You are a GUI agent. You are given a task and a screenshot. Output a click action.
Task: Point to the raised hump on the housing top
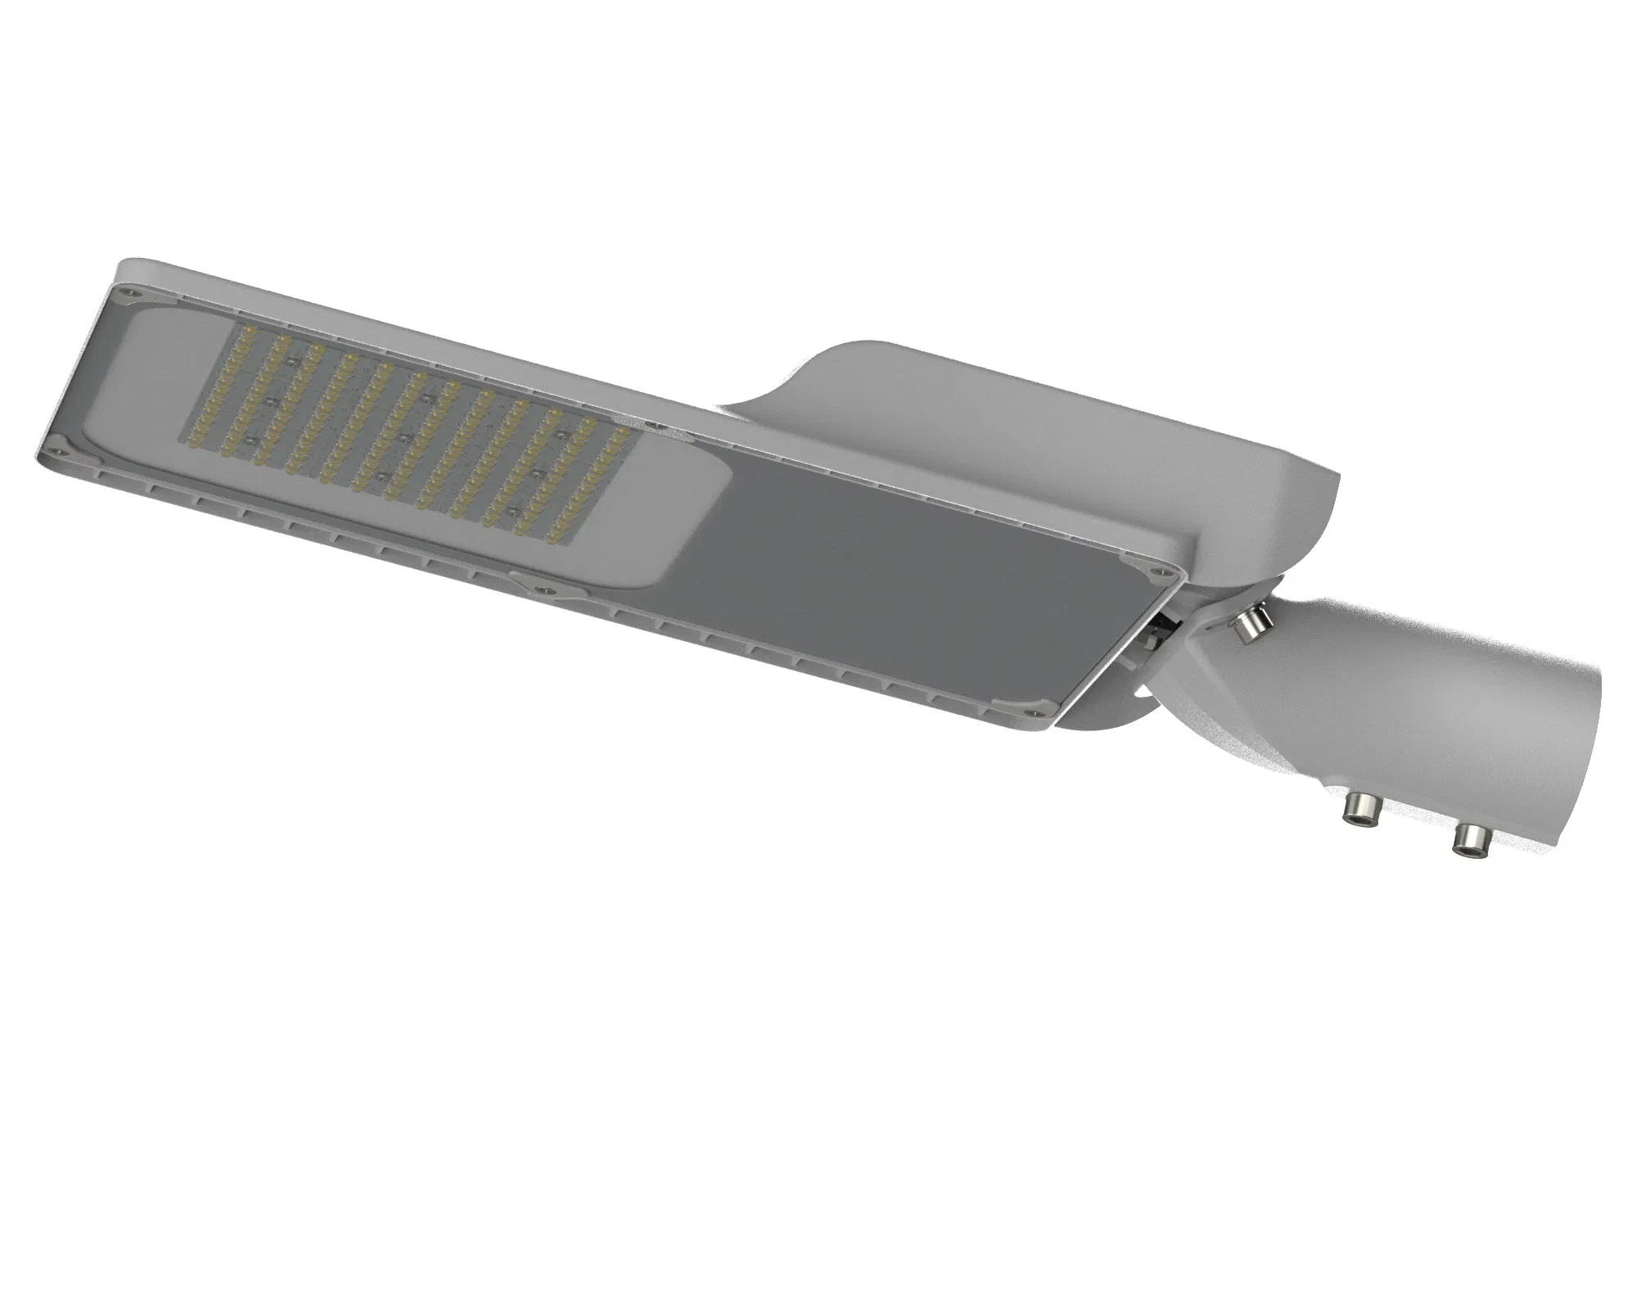(x=1023, y=426)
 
